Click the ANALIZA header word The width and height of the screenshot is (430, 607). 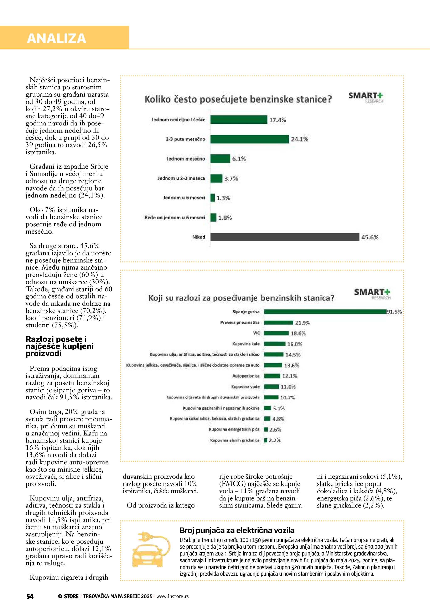coord(56,38)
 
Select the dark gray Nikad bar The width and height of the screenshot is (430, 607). coord(285,237)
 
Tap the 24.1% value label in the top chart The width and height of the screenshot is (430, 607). coord(300,139)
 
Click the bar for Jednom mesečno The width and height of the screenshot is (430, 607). coord(220,159)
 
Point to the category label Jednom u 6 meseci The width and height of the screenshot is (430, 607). coord(184,198)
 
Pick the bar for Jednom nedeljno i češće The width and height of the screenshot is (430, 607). coord(239,120)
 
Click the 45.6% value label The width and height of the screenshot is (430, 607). coord(370,237)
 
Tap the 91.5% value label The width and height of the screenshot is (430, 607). coord(394,312)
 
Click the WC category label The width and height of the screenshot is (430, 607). coord(257,333)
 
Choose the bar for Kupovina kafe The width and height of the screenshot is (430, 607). coord(275,344)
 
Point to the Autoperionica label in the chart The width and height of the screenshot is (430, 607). coord(246,376)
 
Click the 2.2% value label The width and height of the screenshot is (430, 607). coord(275,440)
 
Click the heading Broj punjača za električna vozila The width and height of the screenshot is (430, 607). coord(237,531)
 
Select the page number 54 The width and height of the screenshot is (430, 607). coord(30,596)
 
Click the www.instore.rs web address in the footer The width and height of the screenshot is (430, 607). coord(172,596)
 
